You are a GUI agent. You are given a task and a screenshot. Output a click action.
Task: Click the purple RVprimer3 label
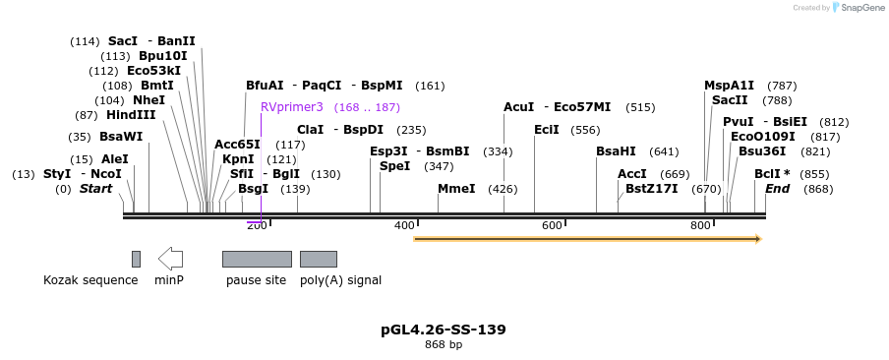tap(291, 107)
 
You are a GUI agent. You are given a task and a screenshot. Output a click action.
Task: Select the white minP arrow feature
tap(170, 259)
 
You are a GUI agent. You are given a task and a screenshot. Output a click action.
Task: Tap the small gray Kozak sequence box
tap(136, 259)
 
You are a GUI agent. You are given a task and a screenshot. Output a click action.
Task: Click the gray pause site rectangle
tap(257, 259)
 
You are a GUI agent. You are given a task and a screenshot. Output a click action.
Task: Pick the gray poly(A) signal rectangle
tap(319, 259)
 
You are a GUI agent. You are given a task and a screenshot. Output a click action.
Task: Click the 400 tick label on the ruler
tap(404, 226)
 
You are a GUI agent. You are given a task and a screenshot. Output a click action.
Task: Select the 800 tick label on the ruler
tap(700, 226)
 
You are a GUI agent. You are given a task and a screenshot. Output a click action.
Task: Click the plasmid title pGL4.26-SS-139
tap(444, 330)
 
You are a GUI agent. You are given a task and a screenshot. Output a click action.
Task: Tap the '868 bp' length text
tap(444, 345)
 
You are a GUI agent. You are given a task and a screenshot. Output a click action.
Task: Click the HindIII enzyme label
tap(131, 115)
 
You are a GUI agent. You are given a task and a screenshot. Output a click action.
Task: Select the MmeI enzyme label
tap(456, 189)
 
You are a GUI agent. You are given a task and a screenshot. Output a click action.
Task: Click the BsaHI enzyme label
tap(616, 151)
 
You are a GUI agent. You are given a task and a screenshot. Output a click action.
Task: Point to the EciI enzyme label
tap(547, 130)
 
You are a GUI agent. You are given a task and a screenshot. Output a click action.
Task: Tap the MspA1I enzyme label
tap(729, 86)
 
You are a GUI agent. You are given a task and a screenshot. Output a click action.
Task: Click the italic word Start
tap(95, 189)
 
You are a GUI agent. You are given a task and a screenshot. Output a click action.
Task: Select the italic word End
tap(777, 189)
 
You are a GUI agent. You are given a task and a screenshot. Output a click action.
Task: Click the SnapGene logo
tap(855, 8)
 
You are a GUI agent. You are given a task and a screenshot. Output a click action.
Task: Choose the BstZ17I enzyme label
tap(651, 189)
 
